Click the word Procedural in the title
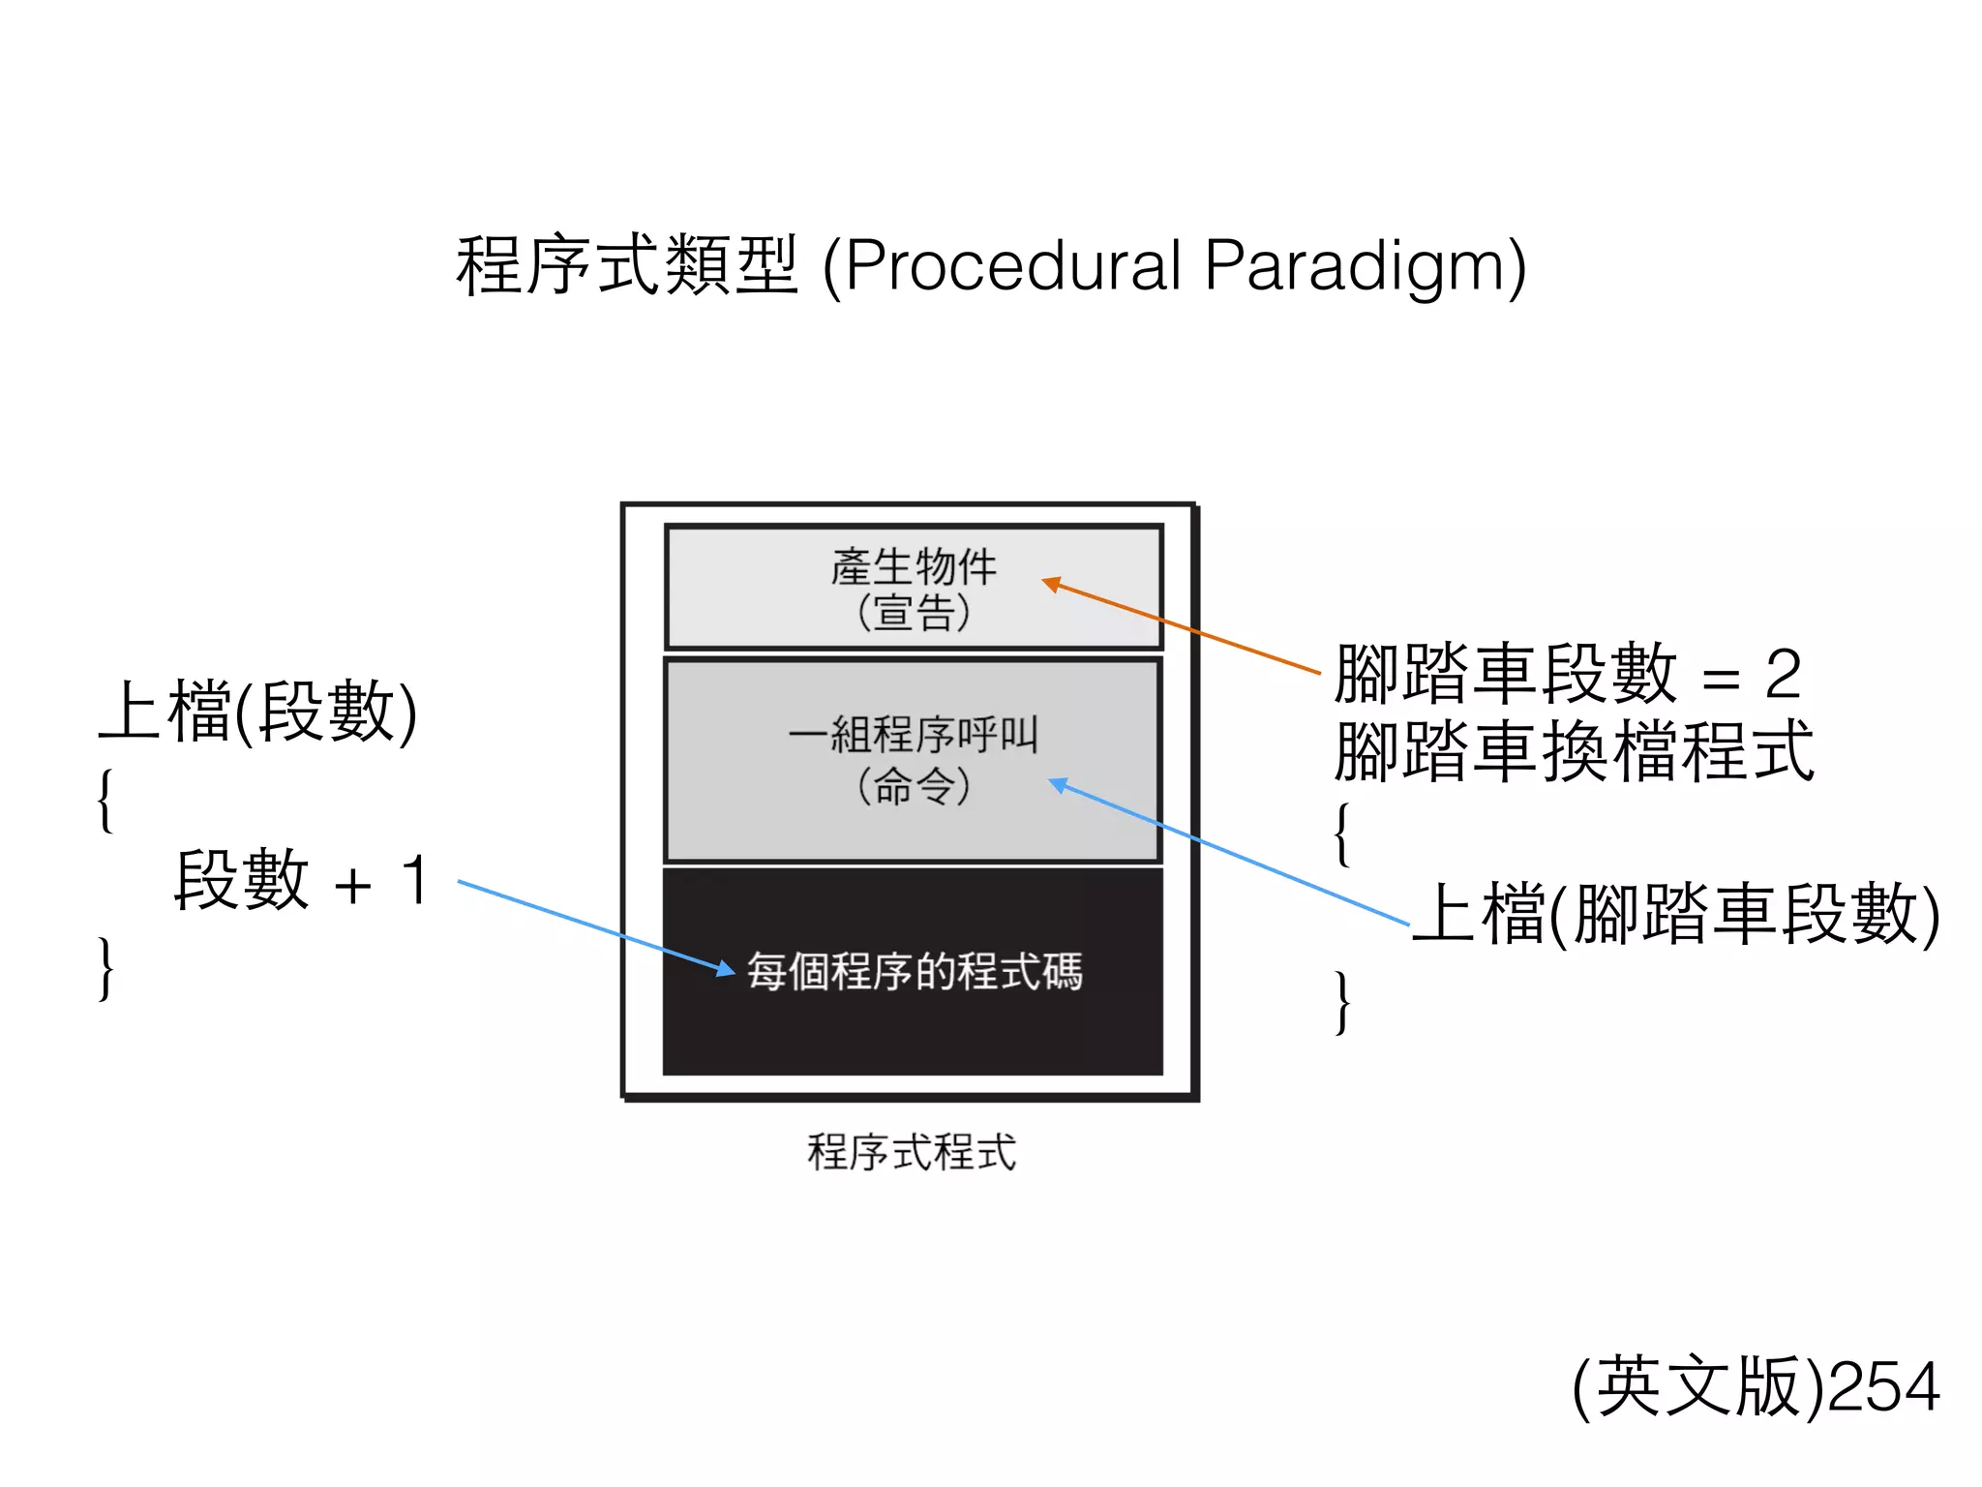tap(1011, 266)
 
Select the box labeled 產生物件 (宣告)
tap(913, 588)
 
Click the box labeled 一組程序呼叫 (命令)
tap(913, 760)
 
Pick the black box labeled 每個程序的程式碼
tap(913, 971)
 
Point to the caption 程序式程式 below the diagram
tap(912, 1152)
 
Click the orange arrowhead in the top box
tap(1051, 584)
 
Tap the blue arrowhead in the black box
tap(726, 967)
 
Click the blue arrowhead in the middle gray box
tap(1059, 784)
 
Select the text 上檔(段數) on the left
tap(258, 712)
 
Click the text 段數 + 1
tap(300, 880)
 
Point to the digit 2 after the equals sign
tap(1783, 674)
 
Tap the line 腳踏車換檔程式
tap(1574, 750)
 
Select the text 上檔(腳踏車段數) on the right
tap(1676, 914)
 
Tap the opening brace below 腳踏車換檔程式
tap(1342, 834)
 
